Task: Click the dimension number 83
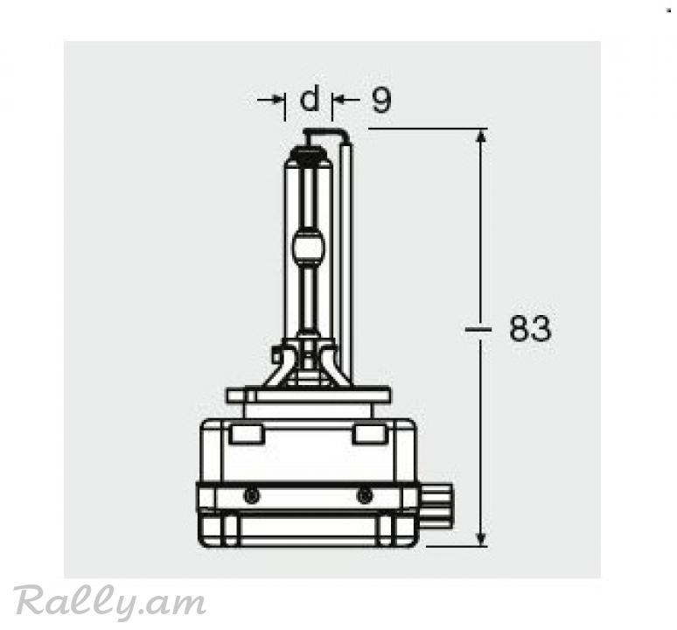click(530, 329)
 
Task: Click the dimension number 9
click(380, 100)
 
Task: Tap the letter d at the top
click(310, 98)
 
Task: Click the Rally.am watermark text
click(109, 601)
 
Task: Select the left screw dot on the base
click(252, 495)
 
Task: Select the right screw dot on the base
click(365, 495)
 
